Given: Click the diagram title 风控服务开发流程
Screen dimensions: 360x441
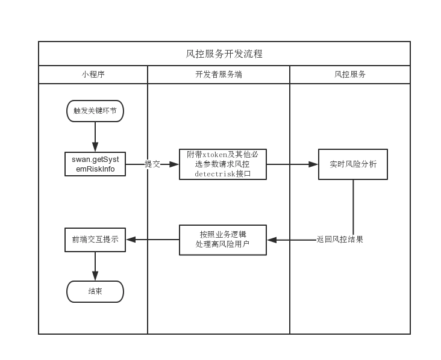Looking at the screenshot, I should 224,54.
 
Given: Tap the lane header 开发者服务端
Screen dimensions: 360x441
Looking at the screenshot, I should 219,75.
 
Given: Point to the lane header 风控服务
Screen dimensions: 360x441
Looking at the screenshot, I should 350,75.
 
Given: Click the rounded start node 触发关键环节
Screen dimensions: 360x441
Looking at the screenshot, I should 95,111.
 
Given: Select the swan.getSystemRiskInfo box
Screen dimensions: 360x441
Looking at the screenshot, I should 95,164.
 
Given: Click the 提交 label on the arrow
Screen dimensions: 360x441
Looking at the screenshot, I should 152,164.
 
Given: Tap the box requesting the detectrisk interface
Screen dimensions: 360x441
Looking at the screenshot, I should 222,164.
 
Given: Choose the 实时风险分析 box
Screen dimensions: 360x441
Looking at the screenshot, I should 353,164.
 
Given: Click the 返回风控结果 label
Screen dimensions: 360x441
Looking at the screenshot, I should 340,240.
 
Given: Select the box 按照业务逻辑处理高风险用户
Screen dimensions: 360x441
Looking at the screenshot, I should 222,240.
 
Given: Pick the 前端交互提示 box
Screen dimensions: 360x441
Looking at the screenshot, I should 95,240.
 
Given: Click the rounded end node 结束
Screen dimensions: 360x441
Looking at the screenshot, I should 95,291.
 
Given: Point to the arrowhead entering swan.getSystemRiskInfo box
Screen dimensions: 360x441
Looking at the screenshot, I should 95,147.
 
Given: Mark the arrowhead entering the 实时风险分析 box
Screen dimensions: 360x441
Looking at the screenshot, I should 313,164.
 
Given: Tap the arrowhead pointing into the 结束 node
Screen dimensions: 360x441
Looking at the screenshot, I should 95,276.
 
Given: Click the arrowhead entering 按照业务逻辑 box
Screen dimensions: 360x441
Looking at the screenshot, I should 272,240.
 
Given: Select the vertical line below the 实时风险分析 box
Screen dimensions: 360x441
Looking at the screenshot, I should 353,208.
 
